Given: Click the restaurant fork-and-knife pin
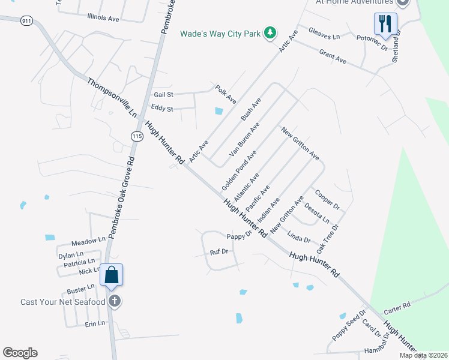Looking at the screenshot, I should point(383,24).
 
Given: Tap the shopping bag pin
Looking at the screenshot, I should point(112,275).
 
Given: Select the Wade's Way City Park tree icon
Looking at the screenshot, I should point(271,32).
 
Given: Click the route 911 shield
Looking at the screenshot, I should point(26,20).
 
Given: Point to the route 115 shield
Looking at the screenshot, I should point(137,137).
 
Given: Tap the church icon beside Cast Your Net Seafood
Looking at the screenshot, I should point(115,301).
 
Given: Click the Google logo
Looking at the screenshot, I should point(20,353).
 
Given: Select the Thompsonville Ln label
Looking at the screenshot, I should point(112,97).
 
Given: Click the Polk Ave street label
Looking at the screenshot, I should point(226,92).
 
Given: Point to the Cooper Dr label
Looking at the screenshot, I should point(328,200).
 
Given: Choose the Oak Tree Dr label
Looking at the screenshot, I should point(328,238).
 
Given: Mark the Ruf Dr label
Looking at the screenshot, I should point(219,252).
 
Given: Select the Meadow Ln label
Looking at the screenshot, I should point(88,241).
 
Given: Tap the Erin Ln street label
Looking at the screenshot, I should point(95,323).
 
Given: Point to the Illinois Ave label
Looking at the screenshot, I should point(103,18).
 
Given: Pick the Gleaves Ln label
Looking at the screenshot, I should point(324,33).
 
